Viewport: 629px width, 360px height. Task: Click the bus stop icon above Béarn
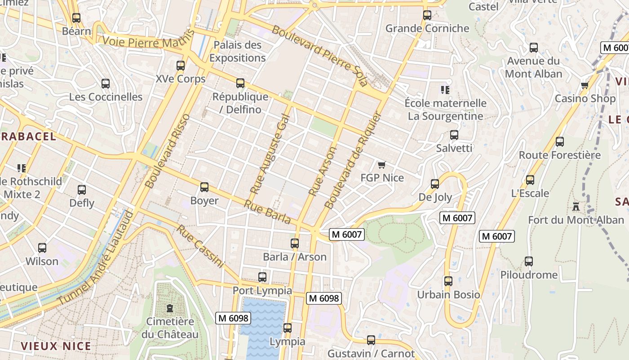(x=76, y=18)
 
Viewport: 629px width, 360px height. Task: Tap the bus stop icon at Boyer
(x=204, y=187)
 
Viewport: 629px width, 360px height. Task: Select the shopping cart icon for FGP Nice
(x=382, y=165)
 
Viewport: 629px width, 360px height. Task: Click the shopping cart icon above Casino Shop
(x=585, y=85)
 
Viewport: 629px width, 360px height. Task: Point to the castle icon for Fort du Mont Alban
(x=576, y=207)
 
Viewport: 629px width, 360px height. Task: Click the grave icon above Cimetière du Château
(x=170, y=308)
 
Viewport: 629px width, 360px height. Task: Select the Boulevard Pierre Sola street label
(x=319, y=56)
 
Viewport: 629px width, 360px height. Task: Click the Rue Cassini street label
(x=200, y=246)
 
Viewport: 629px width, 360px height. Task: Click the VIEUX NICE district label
(x=56, y=346)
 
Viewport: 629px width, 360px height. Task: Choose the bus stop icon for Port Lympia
(x=262, y=277)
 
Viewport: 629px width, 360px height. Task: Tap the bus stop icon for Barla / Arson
(x=295, y=243)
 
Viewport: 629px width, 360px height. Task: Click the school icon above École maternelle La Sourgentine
(x=445, y=90)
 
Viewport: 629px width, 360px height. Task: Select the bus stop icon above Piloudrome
(x=529, y=261)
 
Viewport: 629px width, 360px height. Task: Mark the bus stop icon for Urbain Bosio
(x=448, y=281)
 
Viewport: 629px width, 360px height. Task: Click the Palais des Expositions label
(x=237, y=51)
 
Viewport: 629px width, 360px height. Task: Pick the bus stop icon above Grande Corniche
(x=427, y=15)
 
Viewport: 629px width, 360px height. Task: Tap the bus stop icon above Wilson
(x=42, y=248)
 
